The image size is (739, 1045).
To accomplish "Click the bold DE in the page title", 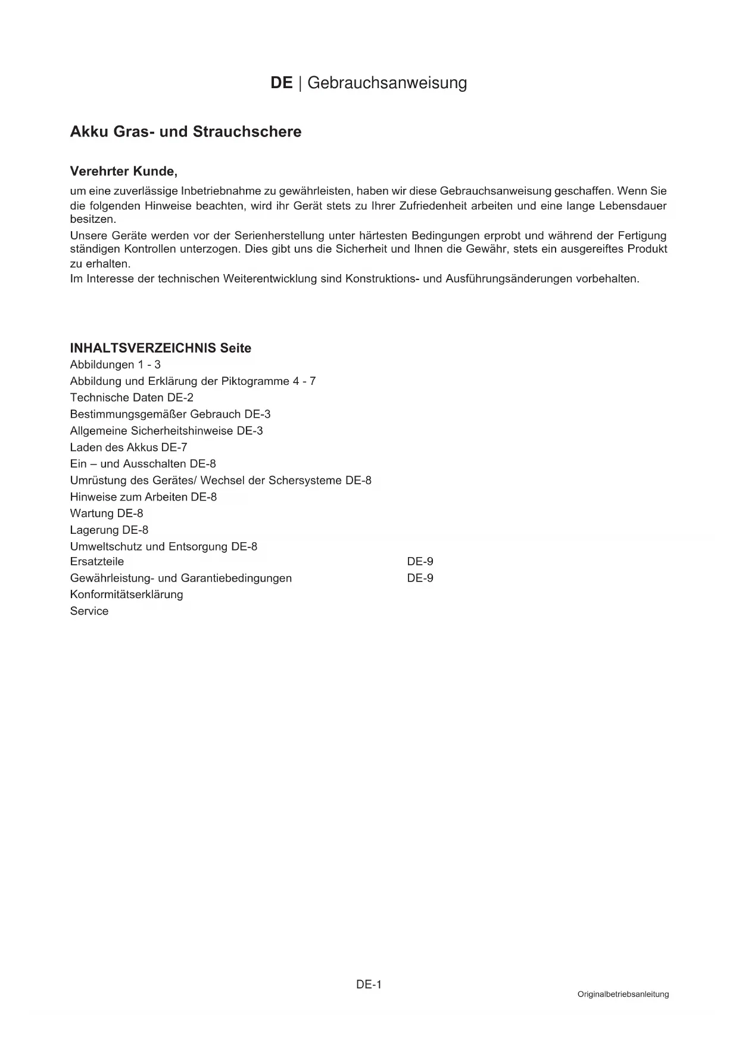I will click(281, 83).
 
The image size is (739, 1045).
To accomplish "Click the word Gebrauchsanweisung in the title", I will click(387, 83).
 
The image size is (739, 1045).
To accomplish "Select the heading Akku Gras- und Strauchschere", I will click(186, 132).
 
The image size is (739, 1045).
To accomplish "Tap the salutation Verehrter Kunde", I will click(124, 172).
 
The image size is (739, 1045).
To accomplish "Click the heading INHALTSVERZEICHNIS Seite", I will click(161, 348).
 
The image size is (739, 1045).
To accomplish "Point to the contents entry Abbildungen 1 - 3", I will click(116, 365).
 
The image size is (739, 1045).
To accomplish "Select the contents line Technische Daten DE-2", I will click(132, 397).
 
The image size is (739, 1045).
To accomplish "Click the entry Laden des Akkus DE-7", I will click(129, 447).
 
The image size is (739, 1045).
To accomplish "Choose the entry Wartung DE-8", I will click(107, 514).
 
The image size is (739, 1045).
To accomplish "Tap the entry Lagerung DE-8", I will click(109, 530).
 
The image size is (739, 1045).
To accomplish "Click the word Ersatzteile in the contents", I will click(97, 561).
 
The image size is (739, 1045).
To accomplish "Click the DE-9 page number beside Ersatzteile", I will click(420, 561).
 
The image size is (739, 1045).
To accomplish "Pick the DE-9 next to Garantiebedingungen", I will click(420, 578).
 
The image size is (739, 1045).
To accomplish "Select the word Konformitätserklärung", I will click(127, 595).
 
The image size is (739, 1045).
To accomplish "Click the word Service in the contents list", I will click(89, 611).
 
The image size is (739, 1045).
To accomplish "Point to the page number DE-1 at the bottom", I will click(369, 985).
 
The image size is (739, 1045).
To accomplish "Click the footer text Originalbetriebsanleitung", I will click(623, 994).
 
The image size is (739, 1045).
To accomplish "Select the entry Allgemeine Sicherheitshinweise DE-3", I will click(167, 431).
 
